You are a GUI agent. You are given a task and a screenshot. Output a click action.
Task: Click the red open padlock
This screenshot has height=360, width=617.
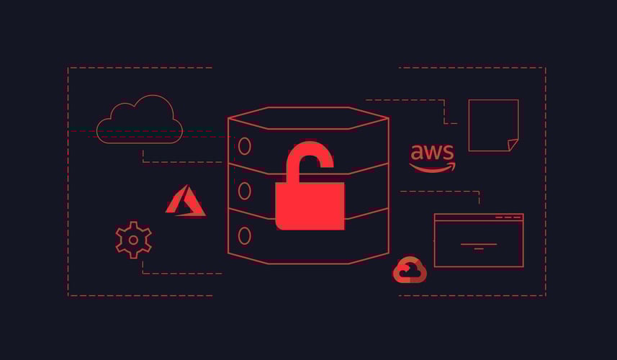(x=310, y=204)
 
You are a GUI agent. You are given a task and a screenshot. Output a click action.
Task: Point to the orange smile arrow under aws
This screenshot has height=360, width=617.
(x=432, y=168)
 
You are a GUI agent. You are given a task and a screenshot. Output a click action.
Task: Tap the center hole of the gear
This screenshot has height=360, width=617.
(x=133, y=240)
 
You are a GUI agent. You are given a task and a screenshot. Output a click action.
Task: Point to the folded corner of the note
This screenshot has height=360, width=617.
(x=513, y=145)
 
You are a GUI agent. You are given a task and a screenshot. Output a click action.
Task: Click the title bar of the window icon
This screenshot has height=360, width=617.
(x=479, y=217)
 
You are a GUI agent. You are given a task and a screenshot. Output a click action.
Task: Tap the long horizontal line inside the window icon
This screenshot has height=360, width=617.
(x=479, y=244)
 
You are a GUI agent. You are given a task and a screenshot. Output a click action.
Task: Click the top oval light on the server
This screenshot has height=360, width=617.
(x=244, y=146)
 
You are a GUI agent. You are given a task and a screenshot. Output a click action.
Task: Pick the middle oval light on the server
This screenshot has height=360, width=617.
(x=244, y=191)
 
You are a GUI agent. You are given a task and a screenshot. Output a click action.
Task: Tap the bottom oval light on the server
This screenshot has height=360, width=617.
(x=244, y=236)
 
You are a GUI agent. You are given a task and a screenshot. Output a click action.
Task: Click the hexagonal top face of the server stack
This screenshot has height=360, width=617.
(x=308, y=118)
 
